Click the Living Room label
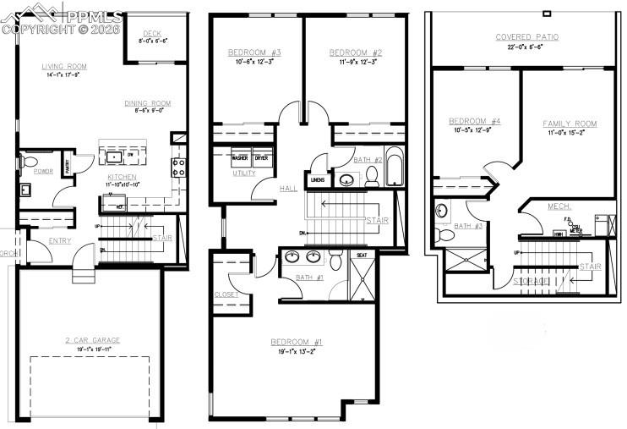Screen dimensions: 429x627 pos(64,65)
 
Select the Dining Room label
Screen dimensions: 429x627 pos(148,103)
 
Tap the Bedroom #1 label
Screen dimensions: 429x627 pos(296,342)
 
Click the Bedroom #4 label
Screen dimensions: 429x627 pos(474,121)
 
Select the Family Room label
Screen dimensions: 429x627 pos(569,124)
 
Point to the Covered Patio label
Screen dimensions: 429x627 pos(526,37)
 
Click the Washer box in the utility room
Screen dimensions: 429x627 pos(240,158)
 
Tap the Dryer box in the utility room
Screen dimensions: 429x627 pos(261,158)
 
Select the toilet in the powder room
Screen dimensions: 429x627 pos(30,161)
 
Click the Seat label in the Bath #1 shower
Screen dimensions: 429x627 pos(361,255)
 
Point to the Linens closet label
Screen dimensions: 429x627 pos(318,179)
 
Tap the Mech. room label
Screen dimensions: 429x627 pos(559,206)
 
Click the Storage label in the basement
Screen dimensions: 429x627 pos(528,280)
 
